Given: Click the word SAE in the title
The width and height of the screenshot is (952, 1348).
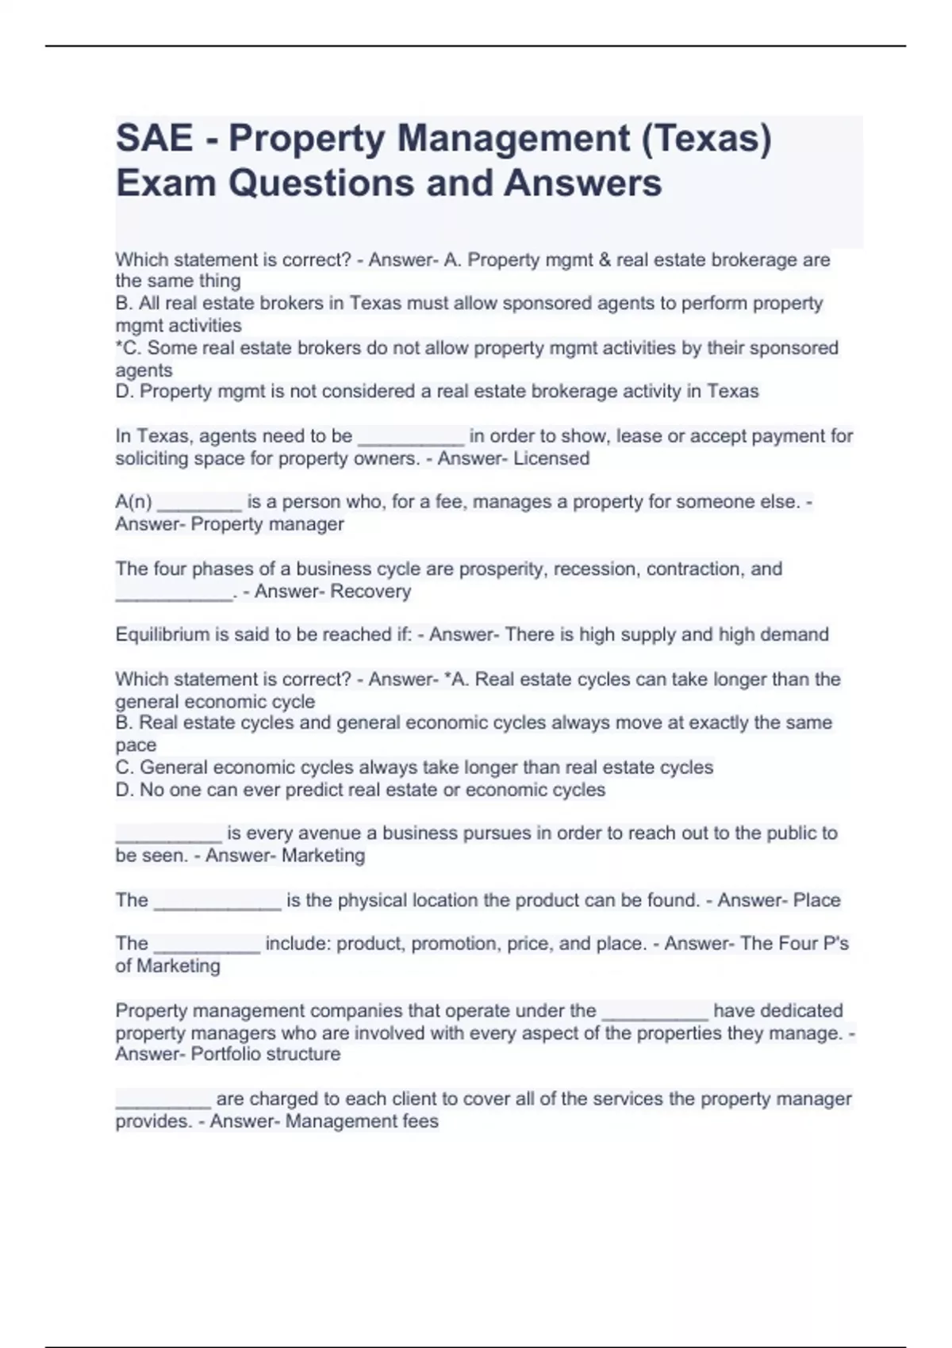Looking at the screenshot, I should point(154,138).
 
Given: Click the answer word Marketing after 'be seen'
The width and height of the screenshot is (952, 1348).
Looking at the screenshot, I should point(324,856).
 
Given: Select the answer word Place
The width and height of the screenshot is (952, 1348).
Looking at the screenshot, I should point(816,900).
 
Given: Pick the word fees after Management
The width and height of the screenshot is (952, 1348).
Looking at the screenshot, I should point(421,1121).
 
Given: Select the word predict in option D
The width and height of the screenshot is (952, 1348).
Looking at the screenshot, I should point(319,790).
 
